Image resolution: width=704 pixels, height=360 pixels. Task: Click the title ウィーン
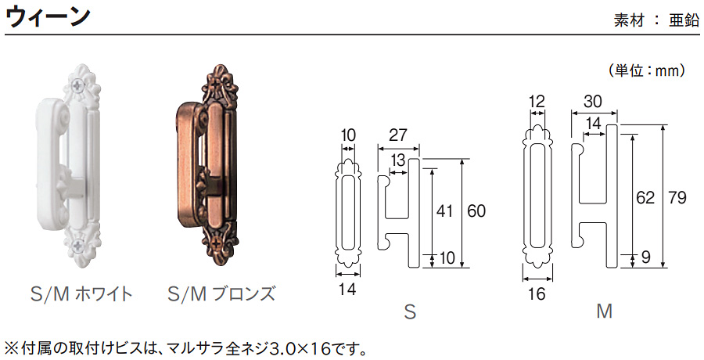(x=48, y=17)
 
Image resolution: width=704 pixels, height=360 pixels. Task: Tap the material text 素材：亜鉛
(x=656, y=20)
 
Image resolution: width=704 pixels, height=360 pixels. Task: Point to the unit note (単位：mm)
(x=647, y=70)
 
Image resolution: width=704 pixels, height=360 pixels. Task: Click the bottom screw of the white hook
(x=78, y=245)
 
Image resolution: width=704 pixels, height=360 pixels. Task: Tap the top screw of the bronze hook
(x=218, y=83)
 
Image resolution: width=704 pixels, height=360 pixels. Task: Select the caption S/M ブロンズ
(x=221, y=294)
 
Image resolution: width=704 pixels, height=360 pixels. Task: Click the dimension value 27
(x=398, y=135)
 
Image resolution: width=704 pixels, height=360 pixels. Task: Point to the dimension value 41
(x=444, y=211)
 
